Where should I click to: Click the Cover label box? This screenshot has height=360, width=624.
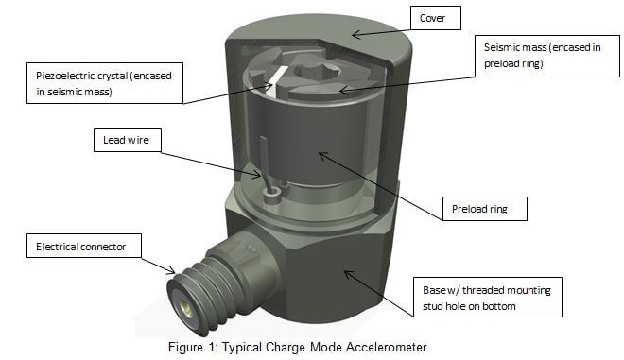click(x=435, y=18)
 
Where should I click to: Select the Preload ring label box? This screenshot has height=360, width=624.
click(x=485, y=209)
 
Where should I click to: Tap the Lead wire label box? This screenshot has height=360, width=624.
click(x=128, y=140)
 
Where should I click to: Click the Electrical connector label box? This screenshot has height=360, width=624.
click(x=84, y=246)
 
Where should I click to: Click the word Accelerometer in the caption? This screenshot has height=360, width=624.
click(x=386, y=347)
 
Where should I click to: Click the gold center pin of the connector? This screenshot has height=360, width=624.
click(x=186, y=306)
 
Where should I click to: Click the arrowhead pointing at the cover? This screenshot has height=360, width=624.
click(x=356, y=35)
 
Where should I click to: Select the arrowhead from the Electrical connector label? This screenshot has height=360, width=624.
click(x=171, y=270)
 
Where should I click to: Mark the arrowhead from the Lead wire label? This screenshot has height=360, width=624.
click(x=257, y=175)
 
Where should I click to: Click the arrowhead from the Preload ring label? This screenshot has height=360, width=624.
click(x=323, y=156)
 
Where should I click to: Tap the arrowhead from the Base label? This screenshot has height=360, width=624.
click(x=349, y=274)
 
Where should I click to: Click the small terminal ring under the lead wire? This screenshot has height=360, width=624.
click(x=272, y=192)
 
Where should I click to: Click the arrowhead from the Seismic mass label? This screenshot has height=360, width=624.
click(x=345, y=91)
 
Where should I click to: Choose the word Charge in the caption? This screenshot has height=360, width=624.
click(x=286, y=347)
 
